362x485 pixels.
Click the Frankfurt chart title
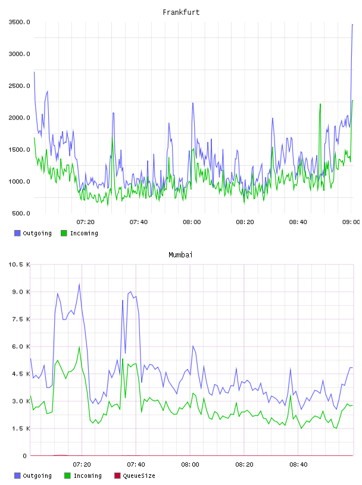point(181,12)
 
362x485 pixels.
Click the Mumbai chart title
point(180,255)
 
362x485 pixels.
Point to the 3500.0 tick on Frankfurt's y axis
point(19,22)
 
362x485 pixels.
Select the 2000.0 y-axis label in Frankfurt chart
point(19,118)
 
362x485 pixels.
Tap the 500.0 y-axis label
point(21,213)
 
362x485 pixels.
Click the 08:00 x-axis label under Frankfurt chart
point(192,222)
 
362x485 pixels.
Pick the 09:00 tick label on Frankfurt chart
point(351,222)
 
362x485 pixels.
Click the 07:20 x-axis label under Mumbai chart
point(82,465)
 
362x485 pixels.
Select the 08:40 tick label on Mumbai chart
point(298,465)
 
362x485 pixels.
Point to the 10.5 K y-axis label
point(19,264)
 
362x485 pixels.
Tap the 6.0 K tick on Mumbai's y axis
point(21,347)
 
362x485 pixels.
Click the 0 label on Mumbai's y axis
point(25,456)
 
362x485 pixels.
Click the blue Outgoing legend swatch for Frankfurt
point(17,233)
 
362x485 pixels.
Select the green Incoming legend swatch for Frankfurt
point(64,233)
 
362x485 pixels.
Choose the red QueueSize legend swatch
point(117,475)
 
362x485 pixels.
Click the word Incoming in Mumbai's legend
point(88,476)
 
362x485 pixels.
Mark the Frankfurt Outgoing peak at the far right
point(352,24)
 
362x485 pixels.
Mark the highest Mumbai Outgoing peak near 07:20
point(79,284)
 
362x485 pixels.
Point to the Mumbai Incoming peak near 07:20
point(79,347)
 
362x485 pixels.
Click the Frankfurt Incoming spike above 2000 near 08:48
point(320,104)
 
